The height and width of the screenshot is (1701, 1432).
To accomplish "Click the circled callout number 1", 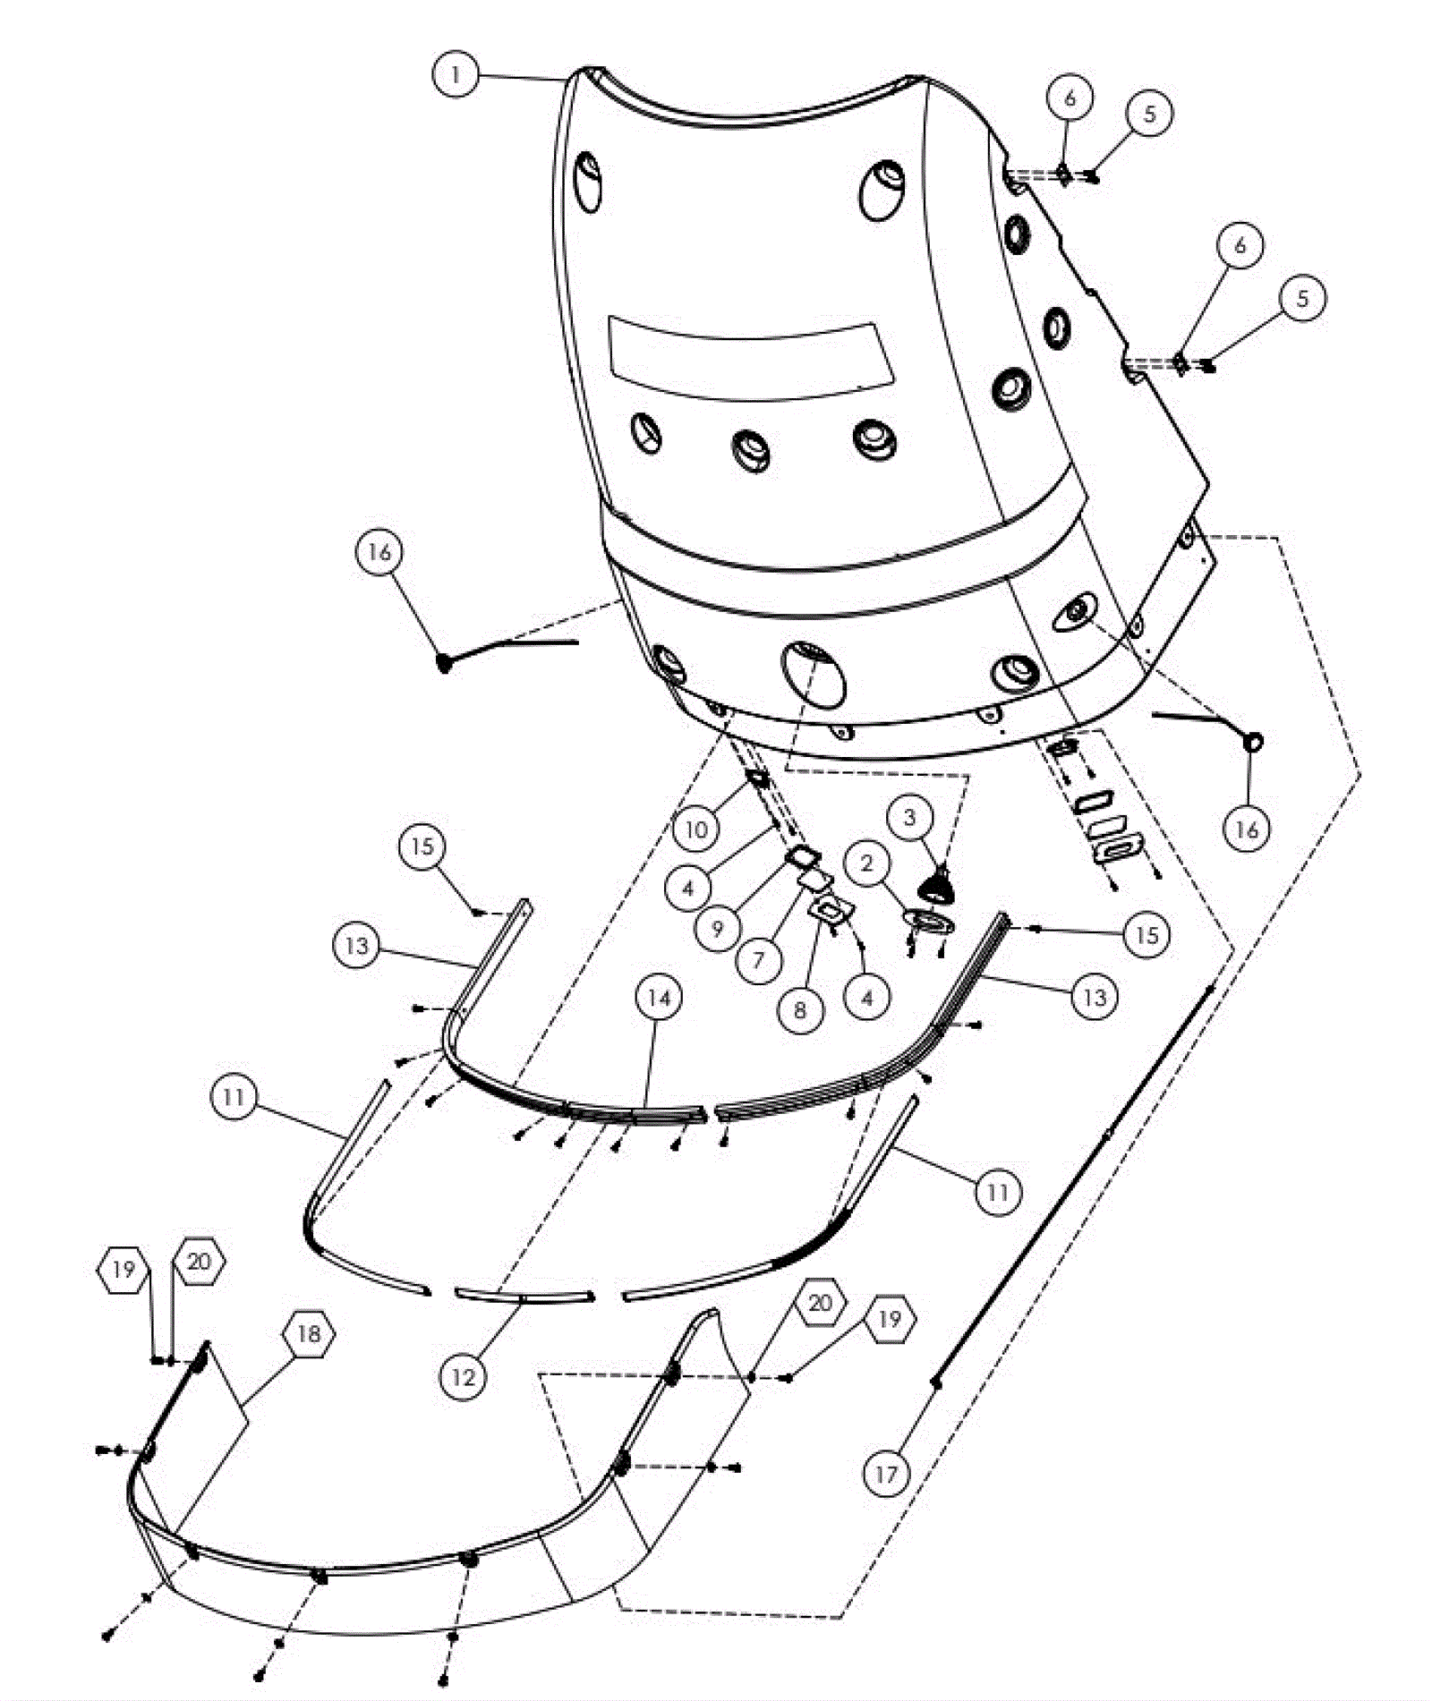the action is [456, 75].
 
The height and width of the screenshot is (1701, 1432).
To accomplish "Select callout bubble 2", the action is [865, 863].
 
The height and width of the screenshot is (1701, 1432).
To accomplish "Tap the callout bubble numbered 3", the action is [910, 817].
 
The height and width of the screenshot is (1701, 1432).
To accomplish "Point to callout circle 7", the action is [759, 959].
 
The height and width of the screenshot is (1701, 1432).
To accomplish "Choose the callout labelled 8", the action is [800, 1010].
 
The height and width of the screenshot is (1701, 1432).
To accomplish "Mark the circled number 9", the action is [717, 929].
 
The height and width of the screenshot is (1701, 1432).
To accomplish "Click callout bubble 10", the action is [696, 829].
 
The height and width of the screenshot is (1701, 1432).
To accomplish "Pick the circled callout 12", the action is [464, 1376].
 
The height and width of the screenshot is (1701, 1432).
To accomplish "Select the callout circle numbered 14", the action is [659, 998].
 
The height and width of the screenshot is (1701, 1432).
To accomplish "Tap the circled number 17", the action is [885, 1474].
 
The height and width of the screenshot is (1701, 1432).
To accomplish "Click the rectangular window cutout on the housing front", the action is [750, 355].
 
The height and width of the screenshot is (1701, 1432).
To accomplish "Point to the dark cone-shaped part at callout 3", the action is [937, 885].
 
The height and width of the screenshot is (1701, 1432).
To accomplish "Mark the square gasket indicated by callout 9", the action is [802, 858].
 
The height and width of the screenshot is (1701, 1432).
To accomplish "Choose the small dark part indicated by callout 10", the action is [757, 778].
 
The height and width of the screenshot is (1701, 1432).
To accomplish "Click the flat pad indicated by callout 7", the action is [813, 884].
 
